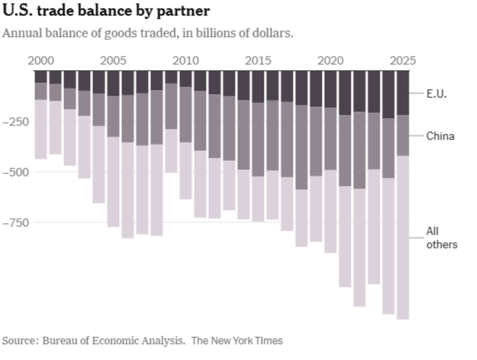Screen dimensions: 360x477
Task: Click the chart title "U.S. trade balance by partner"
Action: (106, 11)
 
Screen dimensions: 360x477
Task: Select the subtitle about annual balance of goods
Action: (148, 34)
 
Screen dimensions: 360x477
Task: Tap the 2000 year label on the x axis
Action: (41, 61)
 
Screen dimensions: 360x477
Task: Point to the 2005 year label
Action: (113, 61)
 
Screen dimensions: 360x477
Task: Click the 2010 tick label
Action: (185, 61)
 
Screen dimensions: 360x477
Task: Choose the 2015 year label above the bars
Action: (258, 61)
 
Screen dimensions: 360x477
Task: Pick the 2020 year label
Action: (330, 61)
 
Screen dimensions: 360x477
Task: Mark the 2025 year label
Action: (402, 61)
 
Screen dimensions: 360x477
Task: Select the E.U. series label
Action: (436, 94)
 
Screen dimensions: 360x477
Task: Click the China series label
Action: (440, 136)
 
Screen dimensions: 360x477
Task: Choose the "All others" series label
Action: (442, 238)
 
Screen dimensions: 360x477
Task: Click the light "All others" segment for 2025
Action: (403, 238)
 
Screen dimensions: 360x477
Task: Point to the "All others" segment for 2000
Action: (41, 129)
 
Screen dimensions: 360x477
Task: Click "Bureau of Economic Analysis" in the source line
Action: (113, 340)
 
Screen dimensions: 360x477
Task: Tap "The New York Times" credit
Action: (237, 340)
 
